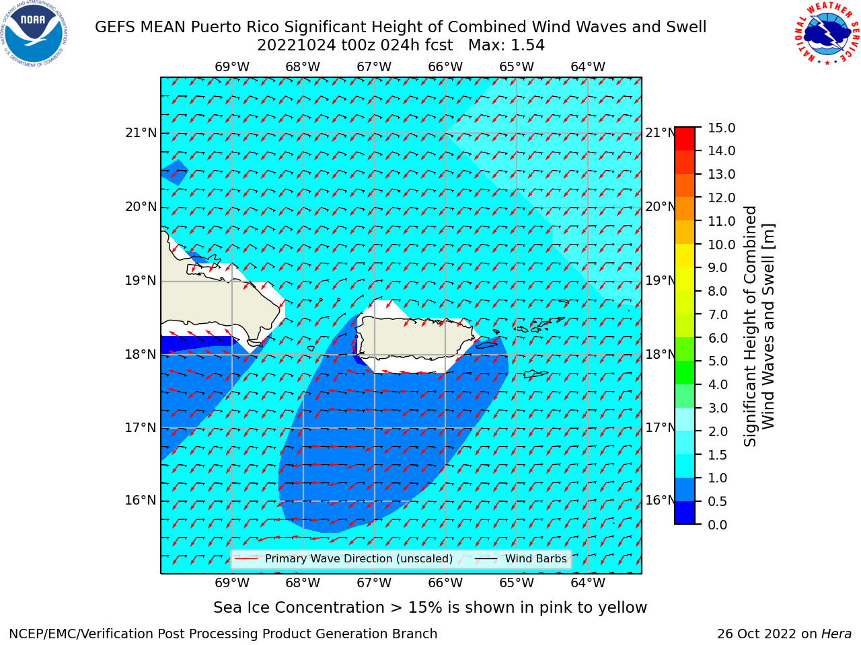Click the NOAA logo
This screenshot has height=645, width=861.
point(34,34)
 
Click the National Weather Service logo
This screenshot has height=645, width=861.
point(827,33)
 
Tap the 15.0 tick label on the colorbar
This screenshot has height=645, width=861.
point(721,128)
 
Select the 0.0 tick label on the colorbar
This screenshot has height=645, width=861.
point(718,525)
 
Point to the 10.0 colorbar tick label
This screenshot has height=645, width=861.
point(721,245)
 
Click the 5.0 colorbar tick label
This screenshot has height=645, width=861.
point(718,361)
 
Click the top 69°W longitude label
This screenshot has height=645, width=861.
point(232,67)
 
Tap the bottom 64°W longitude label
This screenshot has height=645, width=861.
point(588,583)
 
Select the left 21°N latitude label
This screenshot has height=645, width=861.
point(141,133)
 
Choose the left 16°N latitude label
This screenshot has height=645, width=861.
point(141,501)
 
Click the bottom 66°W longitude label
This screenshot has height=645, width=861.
point(445,583)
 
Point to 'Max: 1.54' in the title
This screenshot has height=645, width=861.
point(507,46)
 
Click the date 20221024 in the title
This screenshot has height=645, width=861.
point(297,46)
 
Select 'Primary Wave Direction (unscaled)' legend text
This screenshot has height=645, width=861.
point(359,559)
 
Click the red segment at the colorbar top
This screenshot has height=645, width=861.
point(685,139)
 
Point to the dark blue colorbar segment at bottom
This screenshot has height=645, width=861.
point(685,512)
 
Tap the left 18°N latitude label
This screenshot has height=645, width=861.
point(141,355)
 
